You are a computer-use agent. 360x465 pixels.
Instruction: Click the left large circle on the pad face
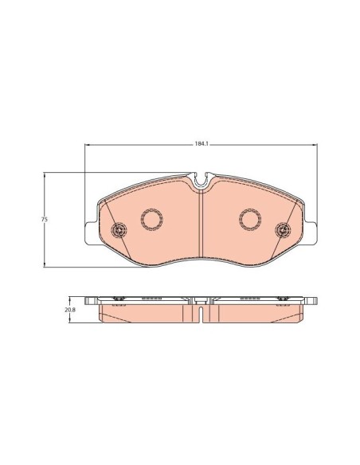point(151,218)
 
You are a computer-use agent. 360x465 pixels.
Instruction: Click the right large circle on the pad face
point(250,218)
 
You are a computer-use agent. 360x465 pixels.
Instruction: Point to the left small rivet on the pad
point(119,231)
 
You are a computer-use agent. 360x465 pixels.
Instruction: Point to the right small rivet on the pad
point(281,231)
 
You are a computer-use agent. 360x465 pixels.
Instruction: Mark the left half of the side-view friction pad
point(147,315)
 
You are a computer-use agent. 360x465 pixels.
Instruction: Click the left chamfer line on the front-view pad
point(104,219)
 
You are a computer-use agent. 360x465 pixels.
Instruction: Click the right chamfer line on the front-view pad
point(298,219)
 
